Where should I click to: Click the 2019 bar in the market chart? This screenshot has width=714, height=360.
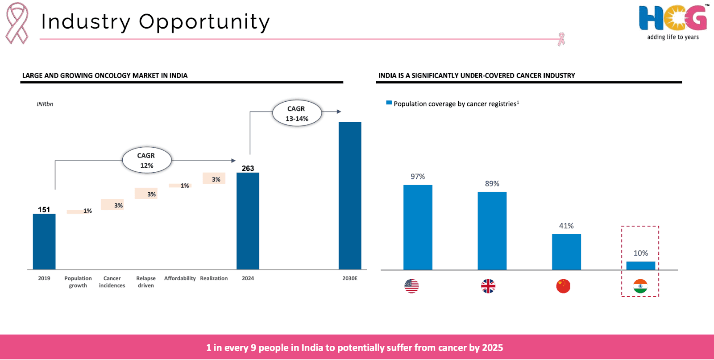44,241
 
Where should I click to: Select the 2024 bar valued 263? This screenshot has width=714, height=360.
248,221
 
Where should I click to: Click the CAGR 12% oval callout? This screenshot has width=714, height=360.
146,161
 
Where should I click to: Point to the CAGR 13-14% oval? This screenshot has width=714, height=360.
297,114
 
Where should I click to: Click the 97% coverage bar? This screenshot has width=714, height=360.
418,227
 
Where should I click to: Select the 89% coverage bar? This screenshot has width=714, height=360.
492,231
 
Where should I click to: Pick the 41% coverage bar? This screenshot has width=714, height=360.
566,252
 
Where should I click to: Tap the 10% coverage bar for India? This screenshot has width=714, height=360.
640,265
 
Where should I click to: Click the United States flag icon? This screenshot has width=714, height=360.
411,286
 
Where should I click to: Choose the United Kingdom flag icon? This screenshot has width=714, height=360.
488,286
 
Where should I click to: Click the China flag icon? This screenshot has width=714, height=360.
563,286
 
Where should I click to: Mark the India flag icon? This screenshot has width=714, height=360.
640,286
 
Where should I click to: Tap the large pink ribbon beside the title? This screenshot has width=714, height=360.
17,23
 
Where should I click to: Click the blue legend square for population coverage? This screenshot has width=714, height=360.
389,103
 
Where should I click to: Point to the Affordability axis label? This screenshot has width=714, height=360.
180,278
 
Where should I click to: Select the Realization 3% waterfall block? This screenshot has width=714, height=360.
214,178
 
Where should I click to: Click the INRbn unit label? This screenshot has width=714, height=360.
45,104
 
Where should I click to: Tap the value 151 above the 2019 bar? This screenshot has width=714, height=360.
44,210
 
